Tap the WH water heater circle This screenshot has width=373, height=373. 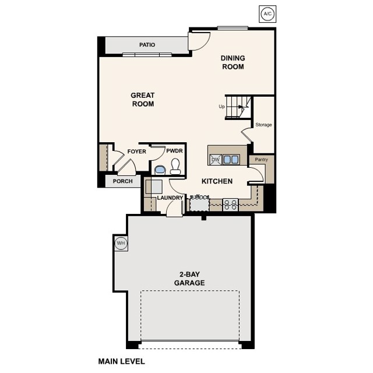click(121, 243)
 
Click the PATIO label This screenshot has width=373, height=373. click(147, 45)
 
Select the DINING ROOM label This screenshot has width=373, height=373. click(232, 62)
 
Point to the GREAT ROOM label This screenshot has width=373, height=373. click(142, 100)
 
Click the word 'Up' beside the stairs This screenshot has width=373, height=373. click(221, 107)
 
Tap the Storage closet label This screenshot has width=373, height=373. click(263, 125)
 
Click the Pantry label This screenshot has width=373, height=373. click(257, 159)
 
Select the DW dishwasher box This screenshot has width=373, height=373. click(215, 160)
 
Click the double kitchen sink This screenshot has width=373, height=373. click(231, 159)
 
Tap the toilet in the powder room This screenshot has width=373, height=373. click(175, 169)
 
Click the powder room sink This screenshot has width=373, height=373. click(159, 170)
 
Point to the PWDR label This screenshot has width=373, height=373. click(174, 151)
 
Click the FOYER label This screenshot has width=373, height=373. click(136, 152)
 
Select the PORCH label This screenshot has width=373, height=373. click(122, 181)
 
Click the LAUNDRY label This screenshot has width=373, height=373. click(170, 198)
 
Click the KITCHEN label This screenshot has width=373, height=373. click(217, 181)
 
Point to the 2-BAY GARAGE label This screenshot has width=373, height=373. click(189, 279)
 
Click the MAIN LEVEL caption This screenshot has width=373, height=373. click(121, 361)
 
